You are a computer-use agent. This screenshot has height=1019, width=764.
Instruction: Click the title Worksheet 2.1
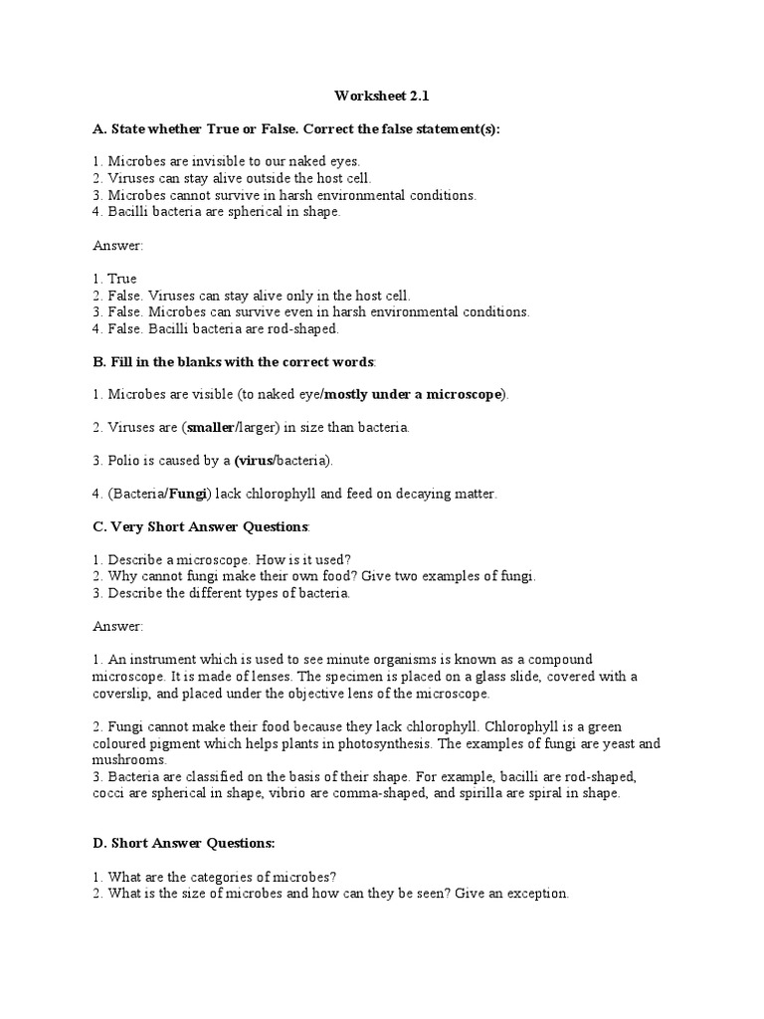[x=381, y=97]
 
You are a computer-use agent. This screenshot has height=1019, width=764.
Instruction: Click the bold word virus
[x=254, y=460]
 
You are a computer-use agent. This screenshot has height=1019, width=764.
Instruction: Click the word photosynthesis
[x=383, y=744]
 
